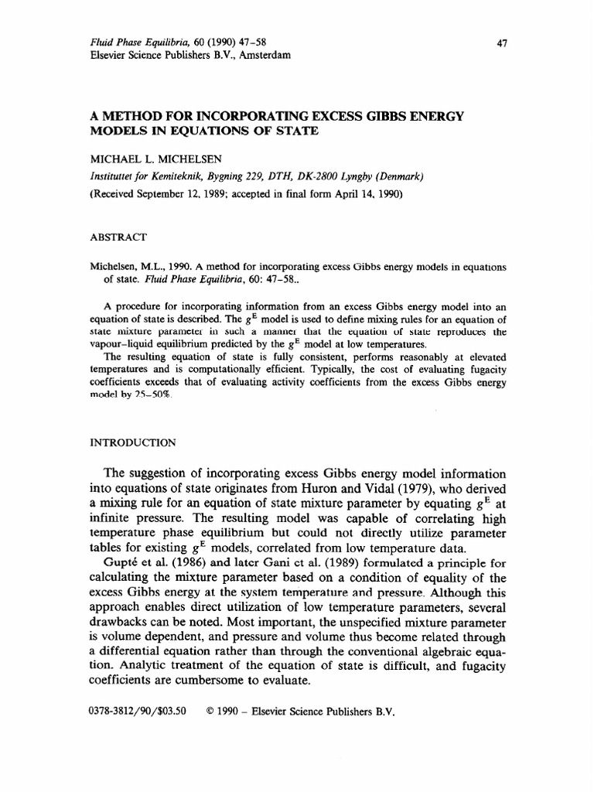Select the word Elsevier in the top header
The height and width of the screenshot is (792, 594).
[108, 59]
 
